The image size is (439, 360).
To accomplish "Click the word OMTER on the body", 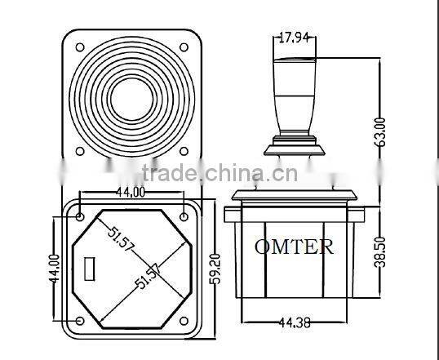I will [x=294, y=247].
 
